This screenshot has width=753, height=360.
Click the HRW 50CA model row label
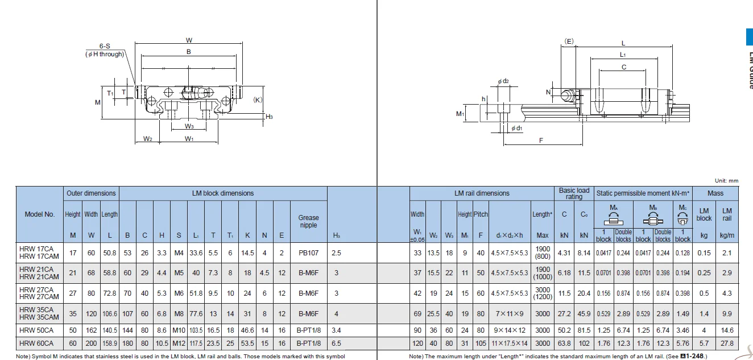(x=36, y=330)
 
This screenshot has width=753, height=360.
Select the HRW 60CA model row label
(x=36, y=344)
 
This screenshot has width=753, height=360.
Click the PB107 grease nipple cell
(x=308, y=253)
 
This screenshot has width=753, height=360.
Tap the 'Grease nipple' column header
(x=308, y=221)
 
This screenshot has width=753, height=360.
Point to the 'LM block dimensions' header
(x=222, y=193)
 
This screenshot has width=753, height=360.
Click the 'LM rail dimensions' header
(x=482, y=193)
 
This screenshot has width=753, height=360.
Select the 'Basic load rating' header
(x=574, y=193)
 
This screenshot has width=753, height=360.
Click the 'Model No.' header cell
(x=40, y=214)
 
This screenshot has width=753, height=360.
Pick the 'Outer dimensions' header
(x=91, y=193)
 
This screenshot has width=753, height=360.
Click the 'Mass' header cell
(x=715, y=193)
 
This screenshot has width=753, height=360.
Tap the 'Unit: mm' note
(x=726, y=181)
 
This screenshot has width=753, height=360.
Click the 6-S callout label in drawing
(x=105, y=46)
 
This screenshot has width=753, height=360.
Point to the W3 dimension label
(x=189, y=126)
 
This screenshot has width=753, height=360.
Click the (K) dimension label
(x=258, y=100)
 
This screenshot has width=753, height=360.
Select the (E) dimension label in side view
(x=569, y=41)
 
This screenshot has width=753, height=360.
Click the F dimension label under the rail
(x=541, y=140)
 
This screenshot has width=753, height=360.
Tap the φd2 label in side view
(x=503, y=81)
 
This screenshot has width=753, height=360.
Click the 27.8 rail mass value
(x=727, y=344)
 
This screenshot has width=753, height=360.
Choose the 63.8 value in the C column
(x=564, y=344)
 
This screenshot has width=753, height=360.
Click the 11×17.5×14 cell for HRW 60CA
(x=510, y=344)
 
